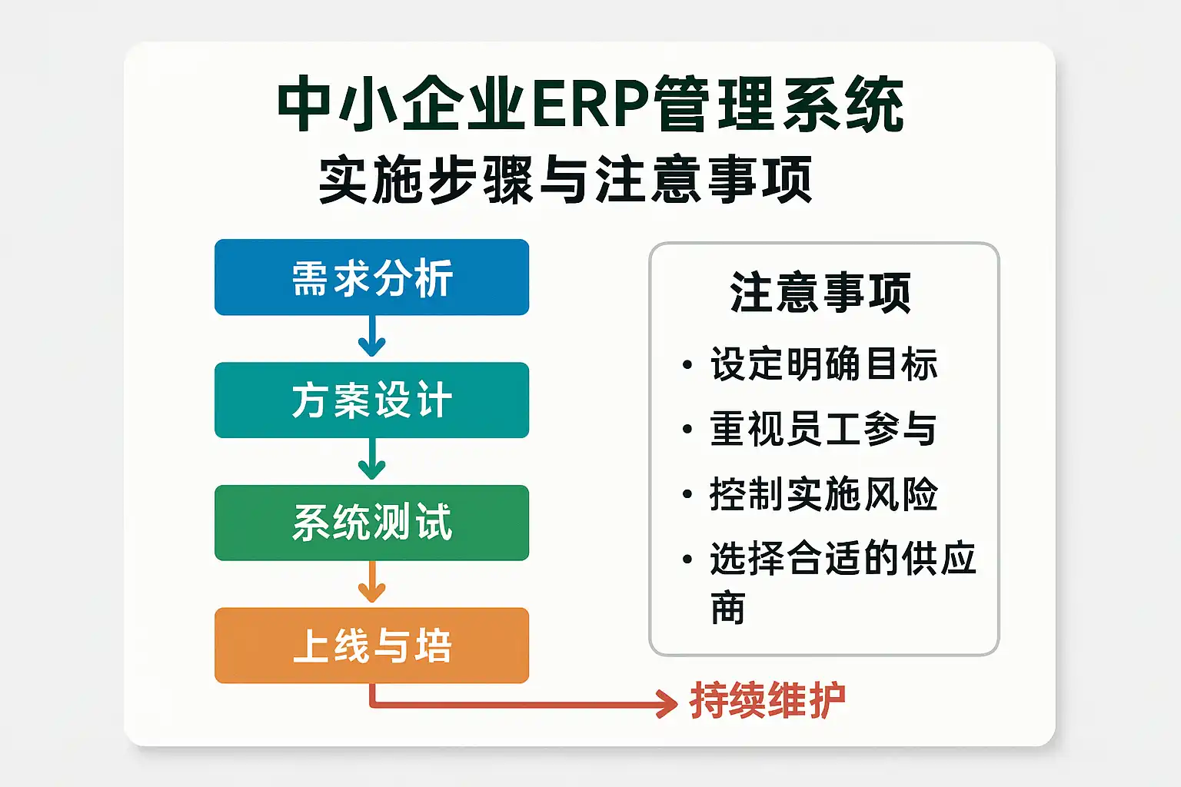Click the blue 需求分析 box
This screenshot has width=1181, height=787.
click(371, 277)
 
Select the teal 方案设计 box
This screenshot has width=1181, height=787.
click(371, 400)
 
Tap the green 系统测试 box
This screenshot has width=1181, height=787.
click(371, 523)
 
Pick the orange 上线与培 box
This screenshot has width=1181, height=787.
click(371, 646)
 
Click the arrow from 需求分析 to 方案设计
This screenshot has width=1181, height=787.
click(371, 337)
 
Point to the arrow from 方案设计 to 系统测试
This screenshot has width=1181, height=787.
click(371, 460)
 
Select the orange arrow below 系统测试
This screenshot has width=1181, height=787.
click(371, 583)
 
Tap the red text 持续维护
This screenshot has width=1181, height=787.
click(767, 700)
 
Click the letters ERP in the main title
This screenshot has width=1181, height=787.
click(588, 105)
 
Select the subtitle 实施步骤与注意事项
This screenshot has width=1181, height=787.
click(565, 180)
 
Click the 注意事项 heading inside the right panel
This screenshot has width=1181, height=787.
click(820, 293)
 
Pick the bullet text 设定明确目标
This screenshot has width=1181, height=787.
click(823, 364)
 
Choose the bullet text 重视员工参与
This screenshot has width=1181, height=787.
click(823, 429)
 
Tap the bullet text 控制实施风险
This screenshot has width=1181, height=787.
click(823, 493)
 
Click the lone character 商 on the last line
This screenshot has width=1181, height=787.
click(727, 608)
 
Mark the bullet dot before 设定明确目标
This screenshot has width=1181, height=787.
click(687, 365)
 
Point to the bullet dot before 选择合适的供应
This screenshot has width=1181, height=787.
click(687, 560)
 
